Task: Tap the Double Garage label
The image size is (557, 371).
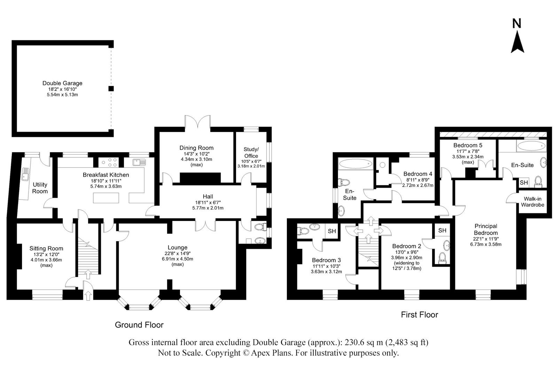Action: (x=62, y=83)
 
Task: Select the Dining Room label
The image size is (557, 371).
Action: (x=196, y=148)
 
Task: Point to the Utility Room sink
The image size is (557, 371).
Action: (x=26, y=174)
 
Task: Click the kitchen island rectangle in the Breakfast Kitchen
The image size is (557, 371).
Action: (x=106, y=198)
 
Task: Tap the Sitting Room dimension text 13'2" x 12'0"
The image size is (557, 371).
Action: (x=46, y=255)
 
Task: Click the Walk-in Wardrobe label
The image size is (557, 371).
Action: (x=533, y=202)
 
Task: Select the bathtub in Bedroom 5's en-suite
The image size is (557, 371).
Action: (x=531, y=146)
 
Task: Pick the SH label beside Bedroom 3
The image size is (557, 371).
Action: (x=332, y=231)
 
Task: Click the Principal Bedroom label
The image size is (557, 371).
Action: (x=486, y=229)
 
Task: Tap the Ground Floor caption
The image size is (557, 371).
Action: (x=139, y=325)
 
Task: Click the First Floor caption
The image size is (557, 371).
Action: (x=419, y=315)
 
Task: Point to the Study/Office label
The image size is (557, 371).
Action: (x=251, y=152)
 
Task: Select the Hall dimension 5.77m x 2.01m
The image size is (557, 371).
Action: (x=208, y=208)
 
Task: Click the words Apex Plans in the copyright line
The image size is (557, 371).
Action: (x=272, y=353)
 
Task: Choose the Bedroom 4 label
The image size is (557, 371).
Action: (x=418, y=174)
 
